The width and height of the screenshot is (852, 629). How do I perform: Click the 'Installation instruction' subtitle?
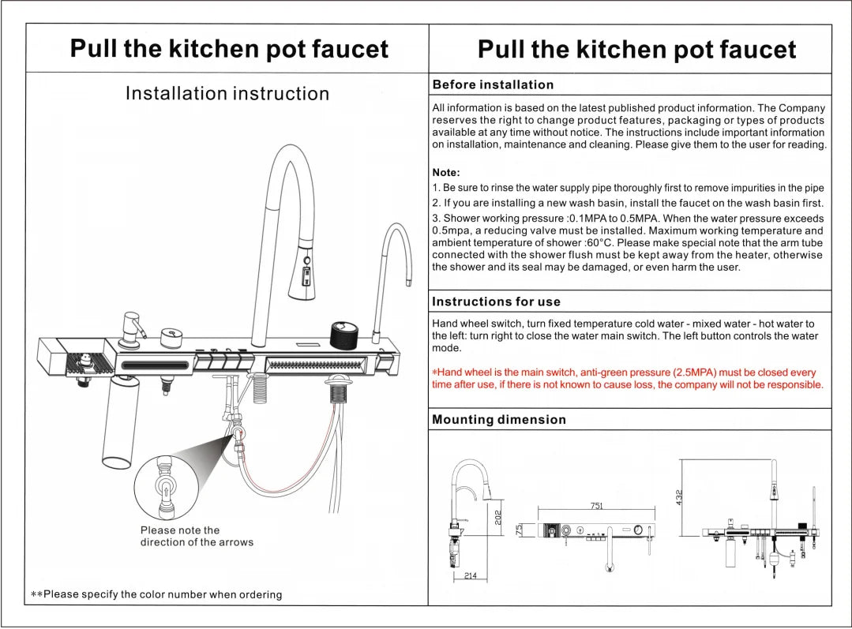[227, 93]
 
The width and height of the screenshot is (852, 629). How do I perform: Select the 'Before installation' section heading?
[493, 84]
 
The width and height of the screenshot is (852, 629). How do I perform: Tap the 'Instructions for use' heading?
[496, 301]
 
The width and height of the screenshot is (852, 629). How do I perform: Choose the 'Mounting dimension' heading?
[499, 419]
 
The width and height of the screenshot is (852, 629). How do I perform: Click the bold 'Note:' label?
[446, 173]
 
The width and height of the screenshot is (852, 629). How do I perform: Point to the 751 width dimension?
[597, 506]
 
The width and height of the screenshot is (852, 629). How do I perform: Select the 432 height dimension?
[678, 498]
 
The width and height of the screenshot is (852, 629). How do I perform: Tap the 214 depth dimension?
[471, 576]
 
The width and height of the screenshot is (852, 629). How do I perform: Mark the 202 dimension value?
[497, 517]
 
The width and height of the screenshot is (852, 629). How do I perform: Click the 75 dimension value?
[519, 529]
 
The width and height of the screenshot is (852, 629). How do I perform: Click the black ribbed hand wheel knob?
[344, 335]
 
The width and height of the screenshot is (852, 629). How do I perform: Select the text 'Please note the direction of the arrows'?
[197, 536]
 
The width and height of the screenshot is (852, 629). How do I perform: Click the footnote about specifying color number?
[156, 594]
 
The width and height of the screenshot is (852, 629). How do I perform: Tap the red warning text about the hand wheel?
[628, 379]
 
